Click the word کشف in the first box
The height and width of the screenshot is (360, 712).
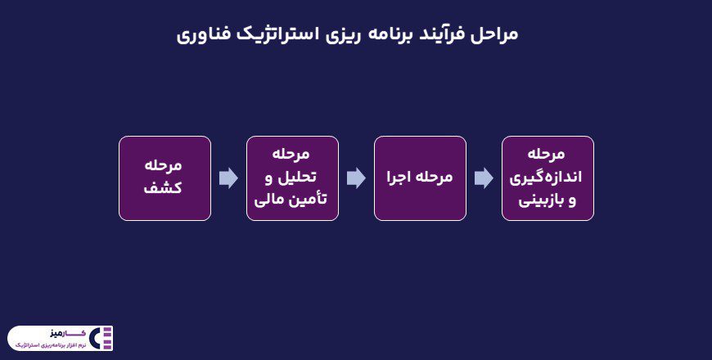[164, 188]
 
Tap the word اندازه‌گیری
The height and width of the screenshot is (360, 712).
[548, 177]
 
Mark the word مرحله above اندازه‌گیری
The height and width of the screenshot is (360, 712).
[548, 155]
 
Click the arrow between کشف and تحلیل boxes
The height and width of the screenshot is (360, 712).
[228, 178]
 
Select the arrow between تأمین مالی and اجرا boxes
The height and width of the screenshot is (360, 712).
[356, 178]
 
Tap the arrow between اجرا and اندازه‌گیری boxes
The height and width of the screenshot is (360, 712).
[484, 178]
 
